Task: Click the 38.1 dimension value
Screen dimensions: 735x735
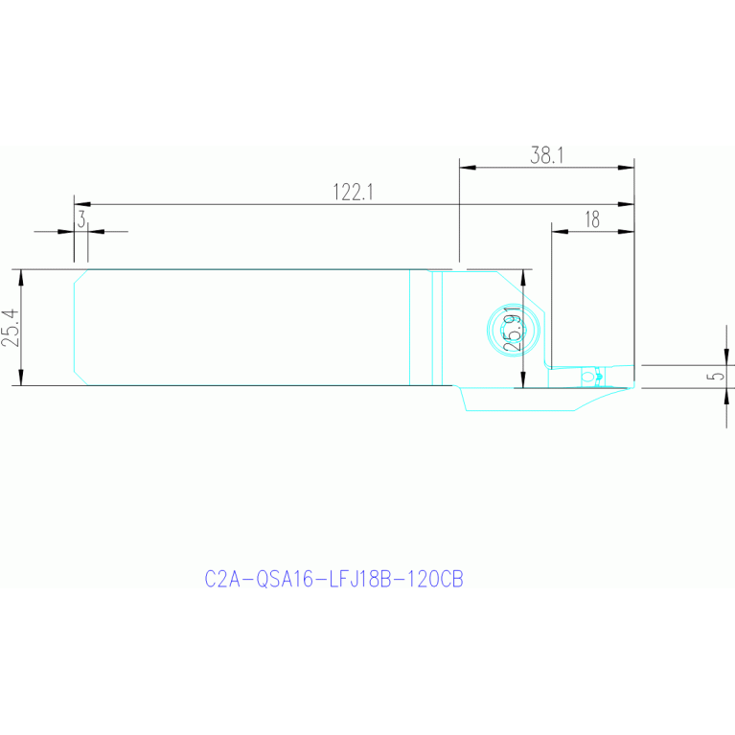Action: (x=546, y=155)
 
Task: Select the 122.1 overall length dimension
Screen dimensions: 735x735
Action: (x=353, y=193)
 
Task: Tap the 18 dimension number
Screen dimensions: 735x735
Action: (x=592, y=219)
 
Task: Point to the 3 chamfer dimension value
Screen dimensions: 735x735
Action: (x=81, y=218)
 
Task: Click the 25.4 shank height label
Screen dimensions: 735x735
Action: (x=11, y=328)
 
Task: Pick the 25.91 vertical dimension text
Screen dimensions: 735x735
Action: (x=512, y=329)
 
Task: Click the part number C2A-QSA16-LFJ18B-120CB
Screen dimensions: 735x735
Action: (x=333, y=579)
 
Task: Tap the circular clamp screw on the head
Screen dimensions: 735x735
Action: (x=514, y=330)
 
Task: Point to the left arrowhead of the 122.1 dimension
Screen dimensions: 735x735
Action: (x=82, y=204)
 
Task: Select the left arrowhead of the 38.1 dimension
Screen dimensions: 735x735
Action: (x=468, y=168)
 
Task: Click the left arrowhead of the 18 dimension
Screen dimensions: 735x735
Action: (x=560, y=231)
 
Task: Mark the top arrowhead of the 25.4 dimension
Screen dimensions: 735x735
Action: (x=21, y=278)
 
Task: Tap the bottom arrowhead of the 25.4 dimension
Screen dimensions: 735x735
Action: (x=21, y=378)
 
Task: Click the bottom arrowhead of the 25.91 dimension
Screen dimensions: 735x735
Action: (x=523, y=379)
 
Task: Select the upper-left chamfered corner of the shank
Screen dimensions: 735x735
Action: (x=80, y=277)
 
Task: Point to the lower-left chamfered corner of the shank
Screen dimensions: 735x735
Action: (x=80, y=379)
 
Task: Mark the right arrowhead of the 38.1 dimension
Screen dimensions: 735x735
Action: (x=627, y=168)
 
